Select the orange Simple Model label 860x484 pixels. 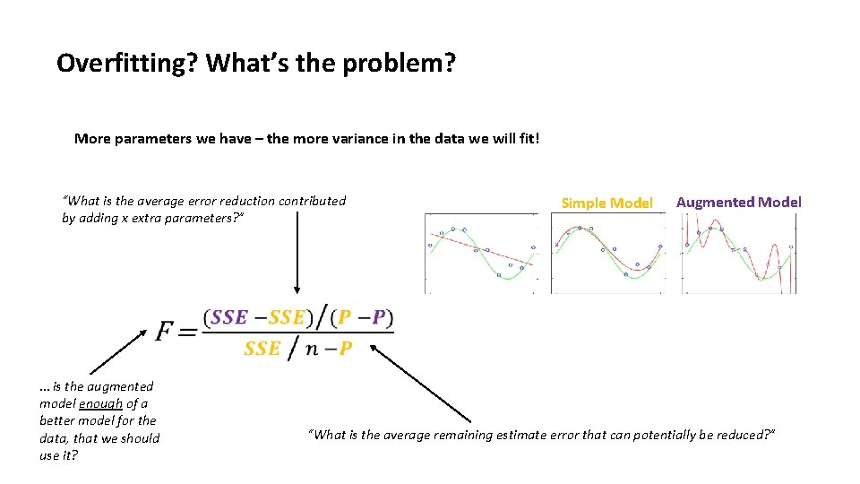606,203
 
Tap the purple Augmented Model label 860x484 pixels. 738,202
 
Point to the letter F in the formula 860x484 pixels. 165,332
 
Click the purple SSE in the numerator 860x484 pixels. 229,318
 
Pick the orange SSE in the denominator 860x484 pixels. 262,349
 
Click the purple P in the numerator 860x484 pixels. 379,318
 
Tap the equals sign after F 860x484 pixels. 186,333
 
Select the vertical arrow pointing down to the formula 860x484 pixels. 297,260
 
